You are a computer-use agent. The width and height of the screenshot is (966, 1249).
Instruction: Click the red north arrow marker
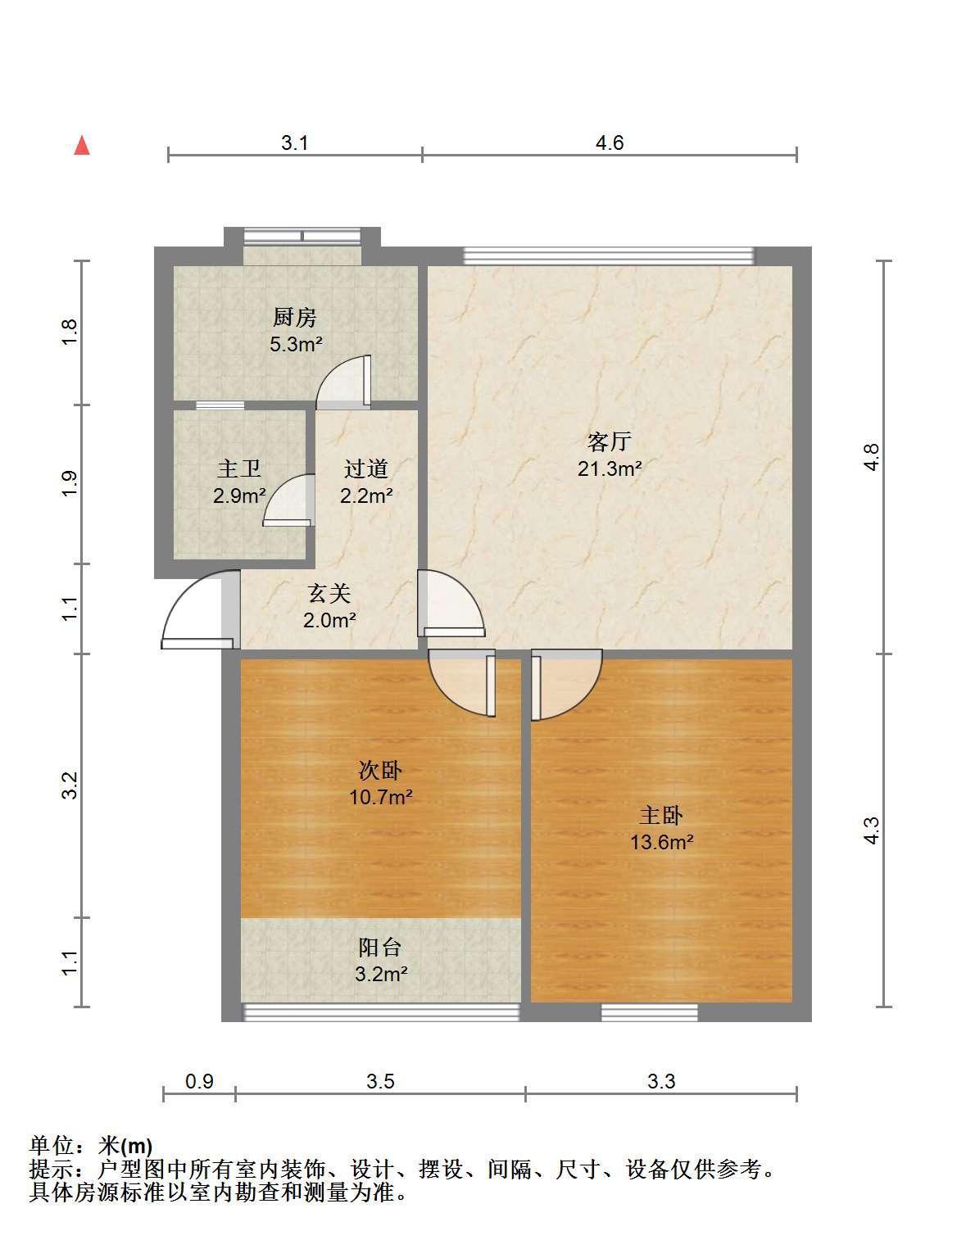(82, 146)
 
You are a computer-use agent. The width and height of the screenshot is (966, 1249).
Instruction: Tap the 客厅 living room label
(610, 442)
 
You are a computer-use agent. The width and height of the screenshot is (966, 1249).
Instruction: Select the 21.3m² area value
(610, 469)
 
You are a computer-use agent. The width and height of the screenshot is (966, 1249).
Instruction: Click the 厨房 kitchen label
(294, 317)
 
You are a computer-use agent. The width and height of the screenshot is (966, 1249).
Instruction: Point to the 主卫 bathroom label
(239, 469)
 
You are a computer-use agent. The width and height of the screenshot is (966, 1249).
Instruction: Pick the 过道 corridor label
(366, 469)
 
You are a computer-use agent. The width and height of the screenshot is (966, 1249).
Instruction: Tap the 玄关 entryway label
(329, 594)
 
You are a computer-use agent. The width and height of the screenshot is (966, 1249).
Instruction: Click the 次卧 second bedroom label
(380, 770)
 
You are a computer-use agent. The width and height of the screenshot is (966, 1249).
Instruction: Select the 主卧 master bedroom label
(661, 815)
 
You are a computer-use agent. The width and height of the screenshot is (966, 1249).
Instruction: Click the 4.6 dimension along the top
(610, 143)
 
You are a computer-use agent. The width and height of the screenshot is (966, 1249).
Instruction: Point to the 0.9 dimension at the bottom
(200, 1081)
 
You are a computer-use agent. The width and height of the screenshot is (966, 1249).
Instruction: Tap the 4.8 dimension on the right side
(872, 458)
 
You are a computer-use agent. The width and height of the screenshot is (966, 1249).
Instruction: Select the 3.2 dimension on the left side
(70, 785)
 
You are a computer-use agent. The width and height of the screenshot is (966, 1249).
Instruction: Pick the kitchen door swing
(343, 382)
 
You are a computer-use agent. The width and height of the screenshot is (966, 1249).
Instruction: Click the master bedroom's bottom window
(650, 1013)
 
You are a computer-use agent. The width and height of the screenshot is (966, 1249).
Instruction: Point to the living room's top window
(609, 256)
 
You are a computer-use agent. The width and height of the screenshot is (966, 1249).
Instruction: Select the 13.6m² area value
(662, 843)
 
